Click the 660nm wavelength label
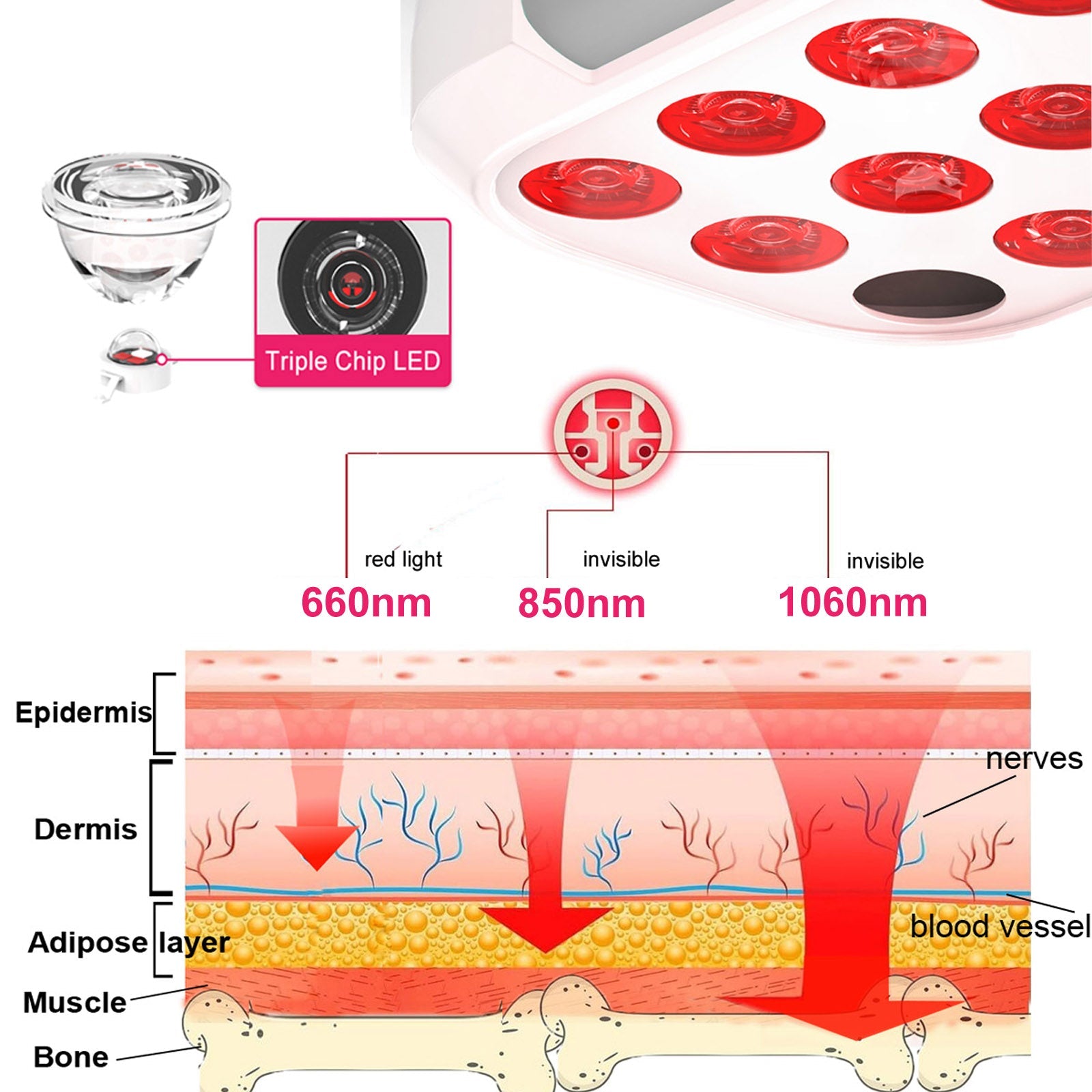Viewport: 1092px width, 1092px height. [367, 602]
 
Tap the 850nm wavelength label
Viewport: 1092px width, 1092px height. [581, 603]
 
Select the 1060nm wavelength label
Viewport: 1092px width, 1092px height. [852, 602]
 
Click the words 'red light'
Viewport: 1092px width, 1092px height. [403, 560]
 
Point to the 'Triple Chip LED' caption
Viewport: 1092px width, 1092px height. [352, 361]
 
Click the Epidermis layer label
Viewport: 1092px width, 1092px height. [83, 713]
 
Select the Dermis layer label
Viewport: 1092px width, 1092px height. [85, 829]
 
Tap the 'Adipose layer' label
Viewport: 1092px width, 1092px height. [128, 943]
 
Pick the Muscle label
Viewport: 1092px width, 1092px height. [74, 1003]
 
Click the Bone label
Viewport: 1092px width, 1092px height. [71, 1057]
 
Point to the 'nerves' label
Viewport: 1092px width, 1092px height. [1033, 759]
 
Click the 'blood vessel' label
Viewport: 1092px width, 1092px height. [1000, 927]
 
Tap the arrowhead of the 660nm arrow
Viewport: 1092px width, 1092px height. [317, 846]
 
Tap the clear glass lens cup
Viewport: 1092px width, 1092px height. [136, 225]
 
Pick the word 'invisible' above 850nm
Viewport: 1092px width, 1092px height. [621, 560]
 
